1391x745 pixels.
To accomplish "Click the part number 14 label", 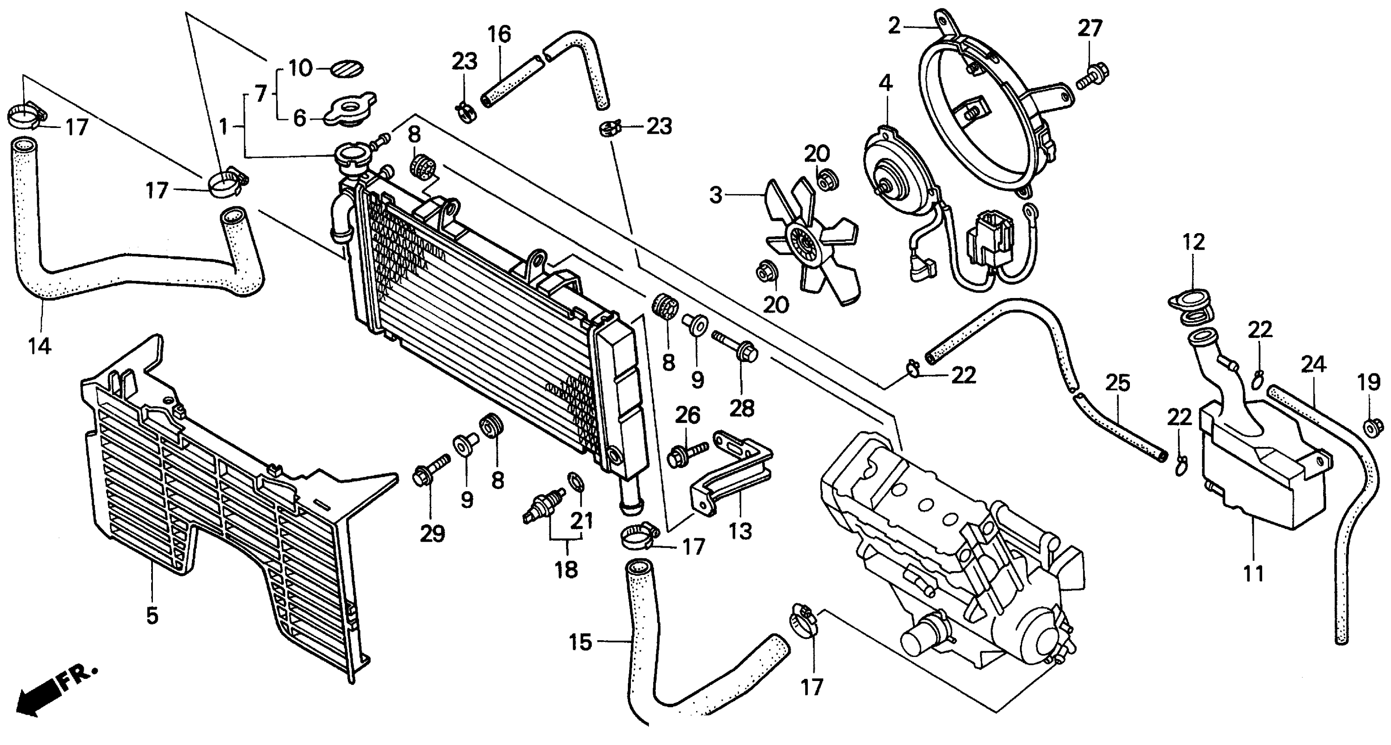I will pos(40,346).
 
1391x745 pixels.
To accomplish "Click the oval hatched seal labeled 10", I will pos(347,70).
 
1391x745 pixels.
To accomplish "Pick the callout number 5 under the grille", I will pos(152,615).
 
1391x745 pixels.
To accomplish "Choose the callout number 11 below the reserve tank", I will pos(1253,573).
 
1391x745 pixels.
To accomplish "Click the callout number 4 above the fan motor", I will pos(885,83).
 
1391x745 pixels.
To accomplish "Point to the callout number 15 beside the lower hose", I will pos(580,643).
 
